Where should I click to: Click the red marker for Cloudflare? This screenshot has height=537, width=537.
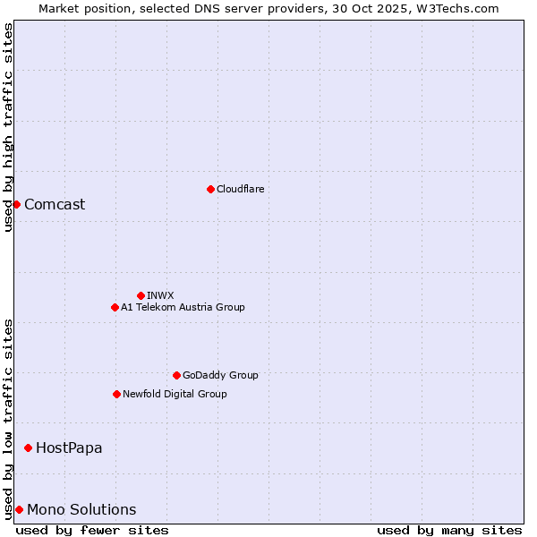click(x=210, y=189)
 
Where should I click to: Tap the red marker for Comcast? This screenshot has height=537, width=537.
click(x=16, y=204)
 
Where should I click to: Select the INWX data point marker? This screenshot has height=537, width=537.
click(x=141, y=295)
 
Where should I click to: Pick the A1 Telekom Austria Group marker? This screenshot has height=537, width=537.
click(x=115, y=307)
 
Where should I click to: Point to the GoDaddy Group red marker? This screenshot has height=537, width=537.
click(x=176, y=375)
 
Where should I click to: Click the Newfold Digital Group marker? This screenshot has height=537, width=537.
click(x=116, y=394)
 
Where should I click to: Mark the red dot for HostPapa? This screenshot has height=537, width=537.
click(x=28, y=447)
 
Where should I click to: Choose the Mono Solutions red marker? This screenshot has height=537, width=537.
click(x=19, y=509)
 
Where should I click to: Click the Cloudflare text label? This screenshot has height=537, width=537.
click(x=240, y=189)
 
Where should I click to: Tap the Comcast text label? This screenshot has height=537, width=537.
click(x=55, y=204)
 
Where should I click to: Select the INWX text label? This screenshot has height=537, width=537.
click(x=160, y=295)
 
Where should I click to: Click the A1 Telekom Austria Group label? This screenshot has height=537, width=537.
click(x=183, y=307)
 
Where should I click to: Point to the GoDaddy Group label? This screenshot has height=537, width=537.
click(x=220, y=375)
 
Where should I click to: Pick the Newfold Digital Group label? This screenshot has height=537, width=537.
click(x=175, y=394)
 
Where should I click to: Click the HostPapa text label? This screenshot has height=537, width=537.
click(x=69, y=447)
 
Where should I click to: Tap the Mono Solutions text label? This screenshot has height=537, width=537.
click(x=81, y=509)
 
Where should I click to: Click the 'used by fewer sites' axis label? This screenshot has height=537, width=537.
click(x=92, y=530)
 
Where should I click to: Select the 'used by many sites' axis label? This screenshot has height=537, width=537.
click(x=448, y=530)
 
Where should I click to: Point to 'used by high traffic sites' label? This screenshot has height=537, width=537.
click(x=8, y=127)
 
